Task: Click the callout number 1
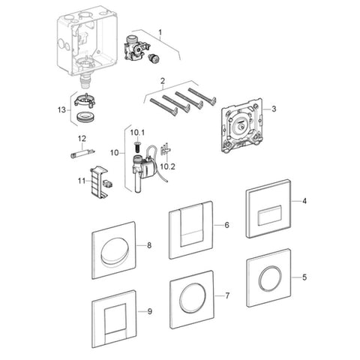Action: [160, 32]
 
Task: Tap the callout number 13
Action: [61, 109]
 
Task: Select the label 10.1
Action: [137, 133]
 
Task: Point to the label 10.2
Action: [168, 166]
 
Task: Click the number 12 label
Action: [82, 138]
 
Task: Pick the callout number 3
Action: [274, 109]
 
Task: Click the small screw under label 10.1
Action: [137, 146]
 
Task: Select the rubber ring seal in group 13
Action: [85, 117]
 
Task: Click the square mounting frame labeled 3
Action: [242, 125]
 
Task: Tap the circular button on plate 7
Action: [193, 298]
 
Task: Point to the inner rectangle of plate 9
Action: [115, 319]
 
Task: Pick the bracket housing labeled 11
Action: [98, 184]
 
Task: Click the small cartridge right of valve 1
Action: [153, 59]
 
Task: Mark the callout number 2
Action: [163, 81]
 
